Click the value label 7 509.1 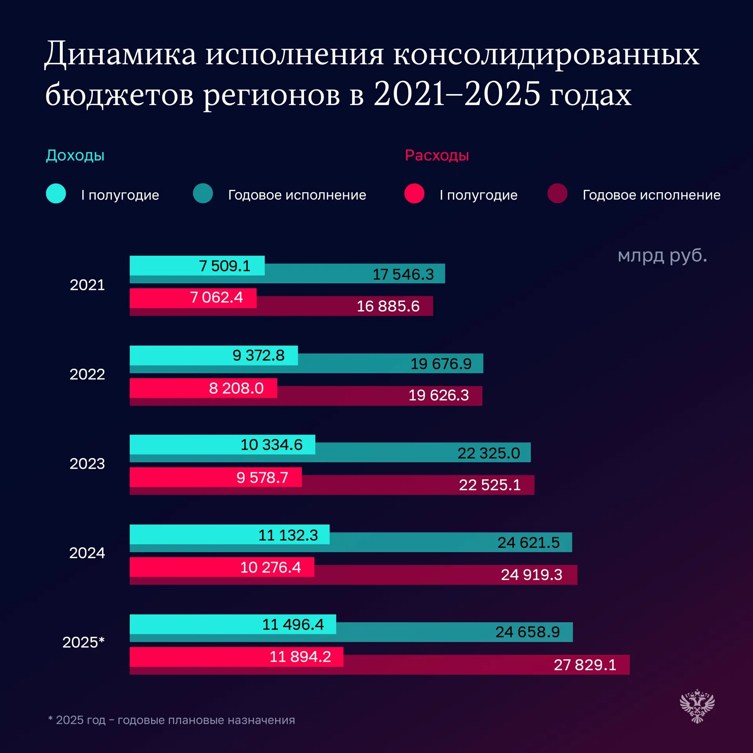coord(224,266)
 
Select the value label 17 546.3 coord(403,274)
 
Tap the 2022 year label coord(87,374)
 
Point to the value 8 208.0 coord(236,388)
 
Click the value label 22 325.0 coord(488,453)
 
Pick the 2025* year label coord(83,642)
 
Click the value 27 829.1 coord(585,665)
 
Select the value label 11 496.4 coord(293,624)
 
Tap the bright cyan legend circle coord(56,193)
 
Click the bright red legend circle coord(414,193)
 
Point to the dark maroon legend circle coord(557,193)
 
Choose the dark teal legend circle coord(203,193)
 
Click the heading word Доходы coord(75,155)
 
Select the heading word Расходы coord(437,155)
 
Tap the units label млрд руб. coord(662,256)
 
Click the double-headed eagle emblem coord(697,706)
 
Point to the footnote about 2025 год coord(171,720)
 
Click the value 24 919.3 coord(531,575)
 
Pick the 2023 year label coord(87,464)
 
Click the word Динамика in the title coord(120,54)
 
